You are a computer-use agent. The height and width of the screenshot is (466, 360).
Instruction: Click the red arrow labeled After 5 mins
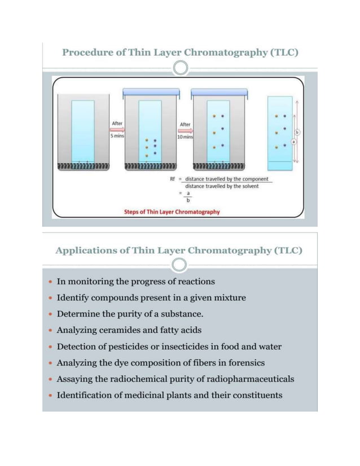117,129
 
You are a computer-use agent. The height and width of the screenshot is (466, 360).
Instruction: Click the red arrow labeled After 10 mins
185,130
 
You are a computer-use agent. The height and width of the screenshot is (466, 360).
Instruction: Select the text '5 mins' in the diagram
117,137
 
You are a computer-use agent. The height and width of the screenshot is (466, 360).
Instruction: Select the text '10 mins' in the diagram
185,138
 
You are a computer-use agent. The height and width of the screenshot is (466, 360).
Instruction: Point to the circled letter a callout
293,141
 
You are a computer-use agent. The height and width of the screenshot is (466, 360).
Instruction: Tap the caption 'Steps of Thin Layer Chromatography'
171,213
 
